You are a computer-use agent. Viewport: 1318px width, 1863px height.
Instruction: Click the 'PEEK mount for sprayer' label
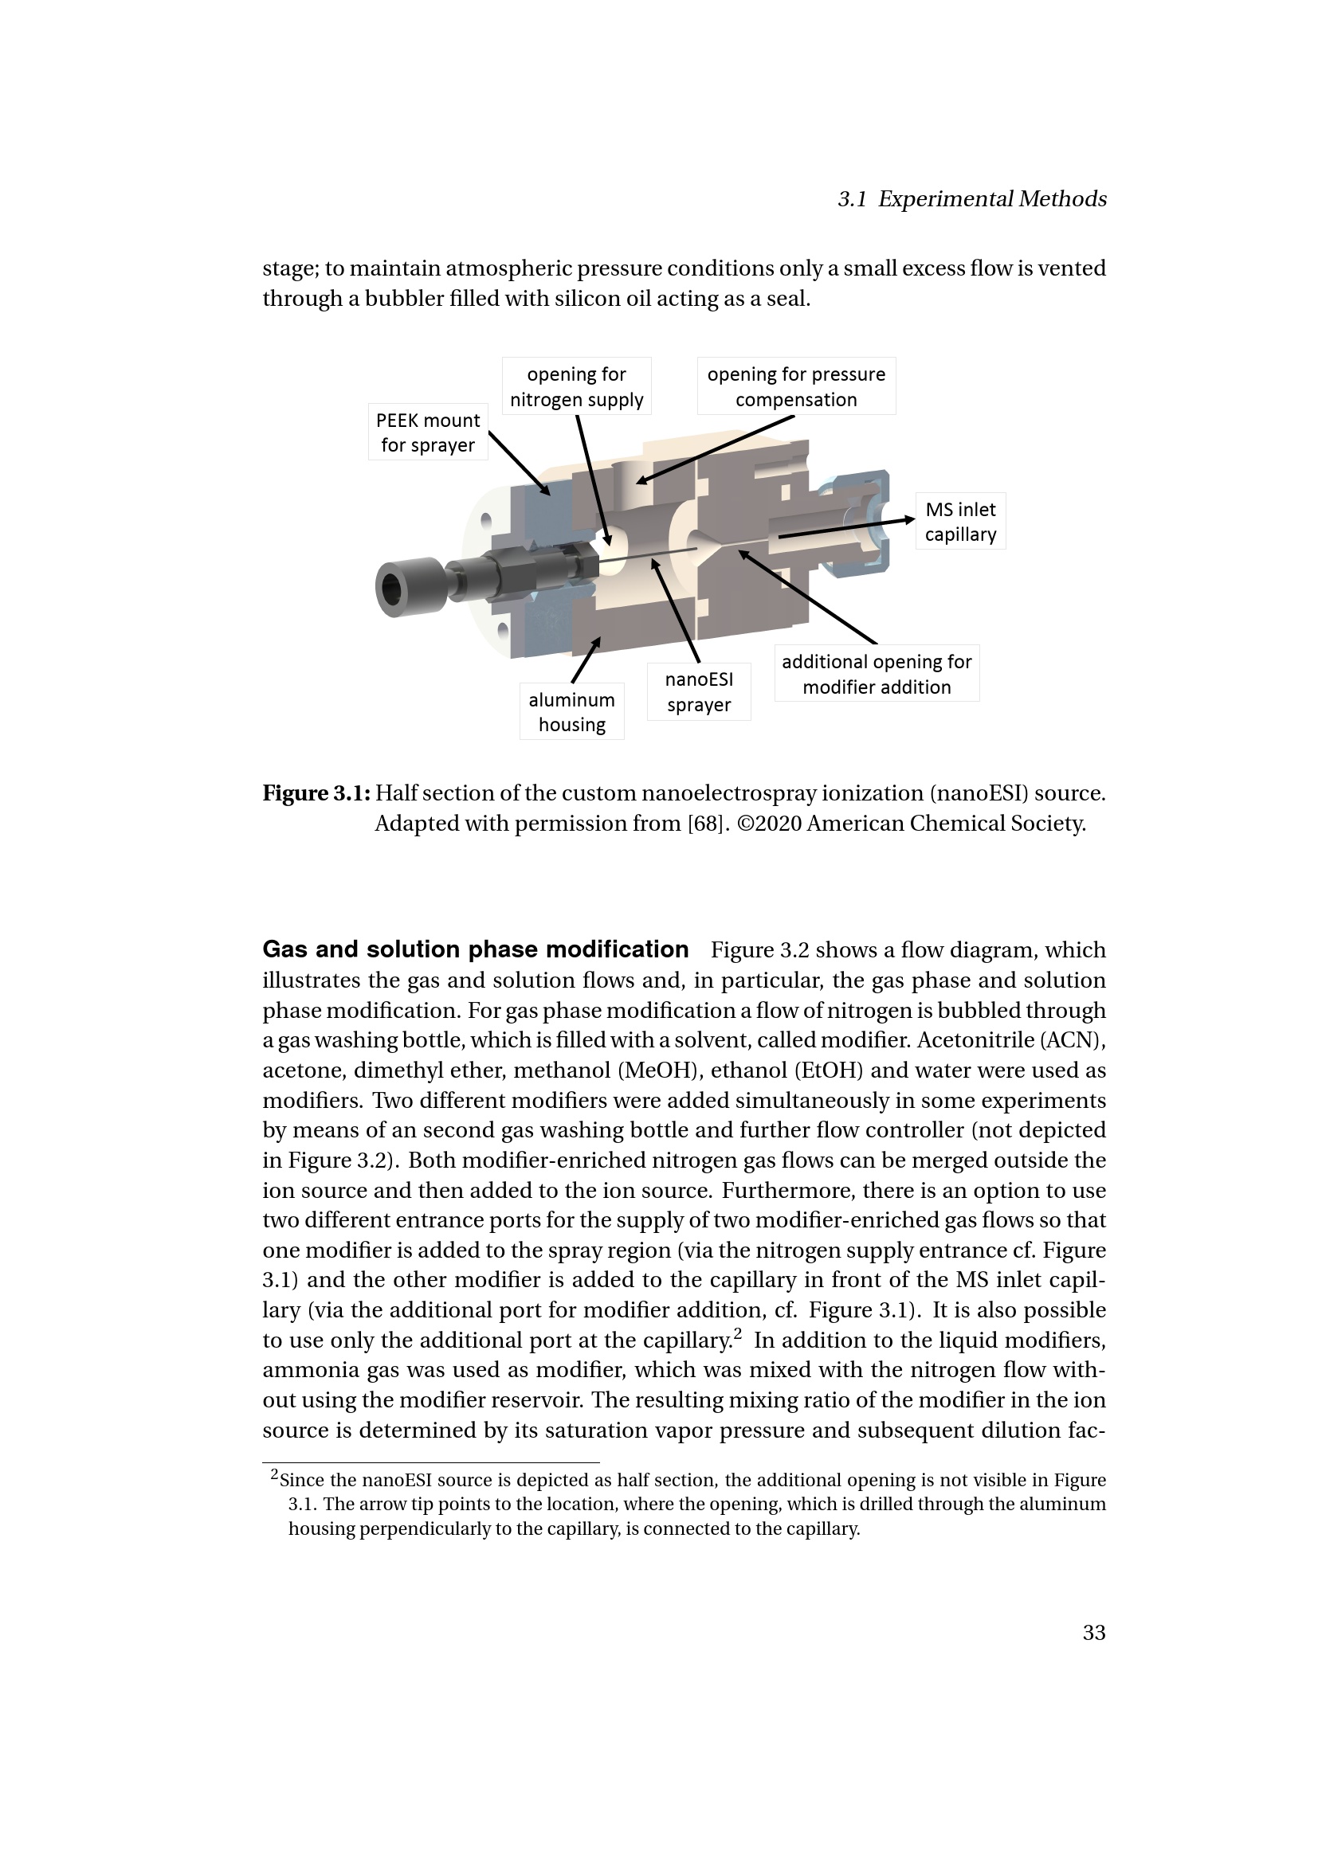[x=428, y=432]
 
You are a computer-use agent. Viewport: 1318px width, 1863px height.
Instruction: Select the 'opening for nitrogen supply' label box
[x=576, y=386]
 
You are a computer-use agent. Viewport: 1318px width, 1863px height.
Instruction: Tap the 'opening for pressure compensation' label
[x=796, y=386]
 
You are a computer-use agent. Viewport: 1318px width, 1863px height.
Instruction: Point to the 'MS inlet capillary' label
[x=960, y=521]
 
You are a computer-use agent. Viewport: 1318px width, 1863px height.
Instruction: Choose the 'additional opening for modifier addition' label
[x=877, y=674]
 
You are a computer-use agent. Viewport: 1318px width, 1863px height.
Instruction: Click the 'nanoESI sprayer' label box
[x=699, y=692]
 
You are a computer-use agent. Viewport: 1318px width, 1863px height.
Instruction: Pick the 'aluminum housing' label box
[x=572, y=711]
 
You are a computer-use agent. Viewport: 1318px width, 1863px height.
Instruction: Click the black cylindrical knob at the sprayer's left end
[x=410, y=586]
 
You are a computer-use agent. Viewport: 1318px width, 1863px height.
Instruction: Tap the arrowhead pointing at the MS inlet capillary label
[x=909, y=520]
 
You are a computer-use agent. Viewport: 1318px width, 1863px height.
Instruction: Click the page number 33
[x=1094, y=1633]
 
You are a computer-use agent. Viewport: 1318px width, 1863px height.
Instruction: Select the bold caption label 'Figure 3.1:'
[x=316, y=793]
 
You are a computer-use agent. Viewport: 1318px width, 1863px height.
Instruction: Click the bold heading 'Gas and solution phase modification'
[x=476, y=949]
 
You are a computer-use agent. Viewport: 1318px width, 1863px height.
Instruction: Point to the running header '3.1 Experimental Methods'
[x=972, y=199]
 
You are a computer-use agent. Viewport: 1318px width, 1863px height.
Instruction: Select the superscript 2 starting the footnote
[x=274, y=1474]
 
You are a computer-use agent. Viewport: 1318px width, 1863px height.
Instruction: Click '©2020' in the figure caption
[x=770, y=824]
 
